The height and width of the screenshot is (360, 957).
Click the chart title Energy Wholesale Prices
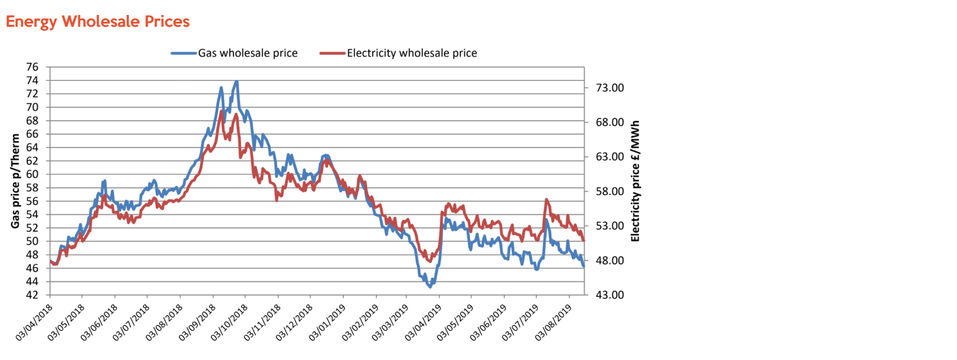[x=97, y=22]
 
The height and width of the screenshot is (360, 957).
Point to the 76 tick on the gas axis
[x=32, y=67]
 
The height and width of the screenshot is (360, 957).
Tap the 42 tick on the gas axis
[x=32, y=295]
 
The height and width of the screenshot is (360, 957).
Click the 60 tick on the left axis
[x=32, y=174]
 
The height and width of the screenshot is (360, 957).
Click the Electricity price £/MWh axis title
[x=636, y=181]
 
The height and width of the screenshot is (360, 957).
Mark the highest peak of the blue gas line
[x=237, y=82]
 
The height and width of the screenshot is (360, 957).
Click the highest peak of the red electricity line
[x=222, y=111]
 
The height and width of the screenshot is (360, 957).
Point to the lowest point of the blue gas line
[x=430, y=287]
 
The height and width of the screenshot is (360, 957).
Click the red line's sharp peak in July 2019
[x=546, y=199]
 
